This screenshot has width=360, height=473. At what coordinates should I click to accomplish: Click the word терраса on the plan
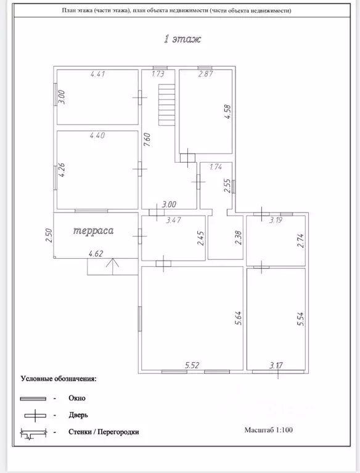[94, 231]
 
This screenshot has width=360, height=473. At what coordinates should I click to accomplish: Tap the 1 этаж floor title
[182, 39]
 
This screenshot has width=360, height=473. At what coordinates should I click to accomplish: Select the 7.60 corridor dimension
[147, 140]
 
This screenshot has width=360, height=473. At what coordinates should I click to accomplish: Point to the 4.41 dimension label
[97, 74]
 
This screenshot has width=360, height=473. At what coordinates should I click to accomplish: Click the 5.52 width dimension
[192, 365]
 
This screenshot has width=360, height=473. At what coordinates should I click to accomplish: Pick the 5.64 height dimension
[239, 318]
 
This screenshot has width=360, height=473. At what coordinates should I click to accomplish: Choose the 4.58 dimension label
[227, 111]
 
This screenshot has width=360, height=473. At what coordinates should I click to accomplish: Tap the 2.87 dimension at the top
[206, 74]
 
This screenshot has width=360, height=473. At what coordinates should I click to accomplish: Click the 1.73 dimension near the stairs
[158, 74]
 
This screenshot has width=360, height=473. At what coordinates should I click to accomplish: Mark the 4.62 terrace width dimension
[96, 254]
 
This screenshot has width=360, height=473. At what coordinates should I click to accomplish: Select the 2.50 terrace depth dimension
[49, 235]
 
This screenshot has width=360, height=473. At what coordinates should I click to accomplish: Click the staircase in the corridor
[166, 105]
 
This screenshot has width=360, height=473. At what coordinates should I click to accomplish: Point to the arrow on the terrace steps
[112, 266]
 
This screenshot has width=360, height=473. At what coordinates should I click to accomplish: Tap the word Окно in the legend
[77, 398]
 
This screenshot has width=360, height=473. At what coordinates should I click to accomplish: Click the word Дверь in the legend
[78, 415]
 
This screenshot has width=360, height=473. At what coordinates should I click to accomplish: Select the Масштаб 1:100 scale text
[269, 430]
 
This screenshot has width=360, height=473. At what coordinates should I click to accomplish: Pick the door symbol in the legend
[35, 416]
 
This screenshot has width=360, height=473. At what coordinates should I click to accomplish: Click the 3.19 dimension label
[276, 220]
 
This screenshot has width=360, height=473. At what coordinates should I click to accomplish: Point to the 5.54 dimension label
[300, 319]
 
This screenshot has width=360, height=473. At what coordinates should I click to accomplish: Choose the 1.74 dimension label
[216, 166]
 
